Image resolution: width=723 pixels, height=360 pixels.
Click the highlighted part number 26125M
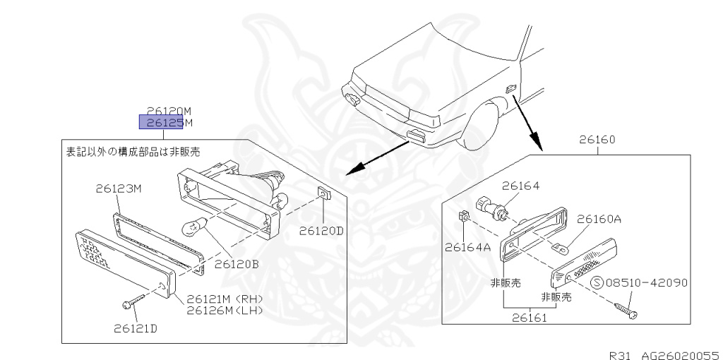pos(165,123)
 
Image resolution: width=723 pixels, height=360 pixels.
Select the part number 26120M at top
pos(169,111)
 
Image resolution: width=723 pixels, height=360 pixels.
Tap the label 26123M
pos(119,189)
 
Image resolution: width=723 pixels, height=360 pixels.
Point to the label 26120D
pos(321,230)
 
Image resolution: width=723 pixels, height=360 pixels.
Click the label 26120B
pos(237,265)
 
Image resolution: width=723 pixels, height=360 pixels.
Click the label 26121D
pos(136,328)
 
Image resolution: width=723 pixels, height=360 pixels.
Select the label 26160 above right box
pos(597,140)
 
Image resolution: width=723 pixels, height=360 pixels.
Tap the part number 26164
pos(521,186)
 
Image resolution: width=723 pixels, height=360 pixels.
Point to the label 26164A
pos(467,247)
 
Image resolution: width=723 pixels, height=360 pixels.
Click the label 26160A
pos(599,219)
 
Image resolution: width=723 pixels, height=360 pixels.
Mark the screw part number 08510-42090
pos(646,283)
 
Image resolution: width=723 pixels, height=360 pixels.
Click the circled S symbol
pos(596,283)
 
